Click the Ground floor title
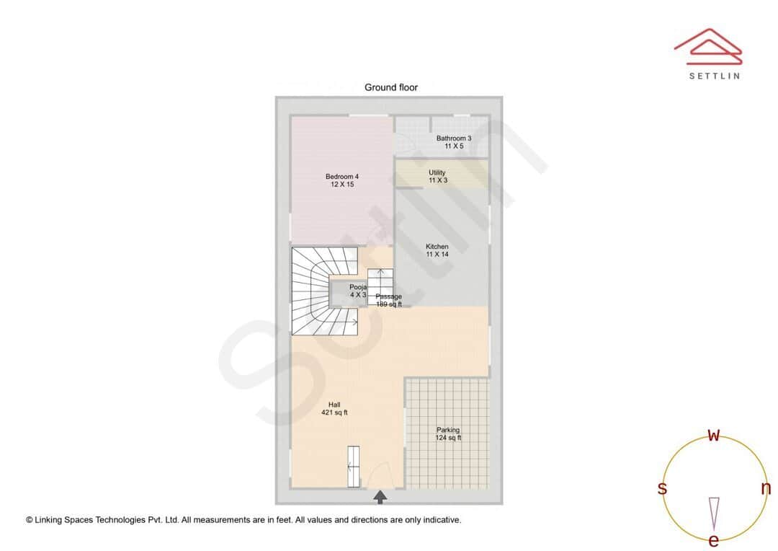click(390, 87)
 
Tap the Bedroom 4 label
click(341, 177)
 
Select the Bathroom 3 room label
click(454, 138)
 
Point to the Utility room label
click(437, 173)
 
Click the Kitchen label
click(437, 247)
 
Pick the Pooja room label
click(358, 287)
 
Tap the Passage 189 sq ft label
click(389, 300)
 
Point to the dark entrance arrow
click(380, 497)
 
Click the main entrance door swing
click(378, 475)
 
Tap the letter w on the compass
click(713, 435)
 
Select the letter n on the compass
click(766, 488)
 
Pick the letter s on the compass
click(662, 488)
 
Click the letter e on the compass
click(713, 540)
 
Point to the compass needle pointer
click(714, 513)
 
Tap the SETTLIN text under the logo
click(714, 76)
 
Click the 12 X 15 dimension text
click(341, 185)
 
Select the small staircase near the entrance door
click(353, 467)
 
